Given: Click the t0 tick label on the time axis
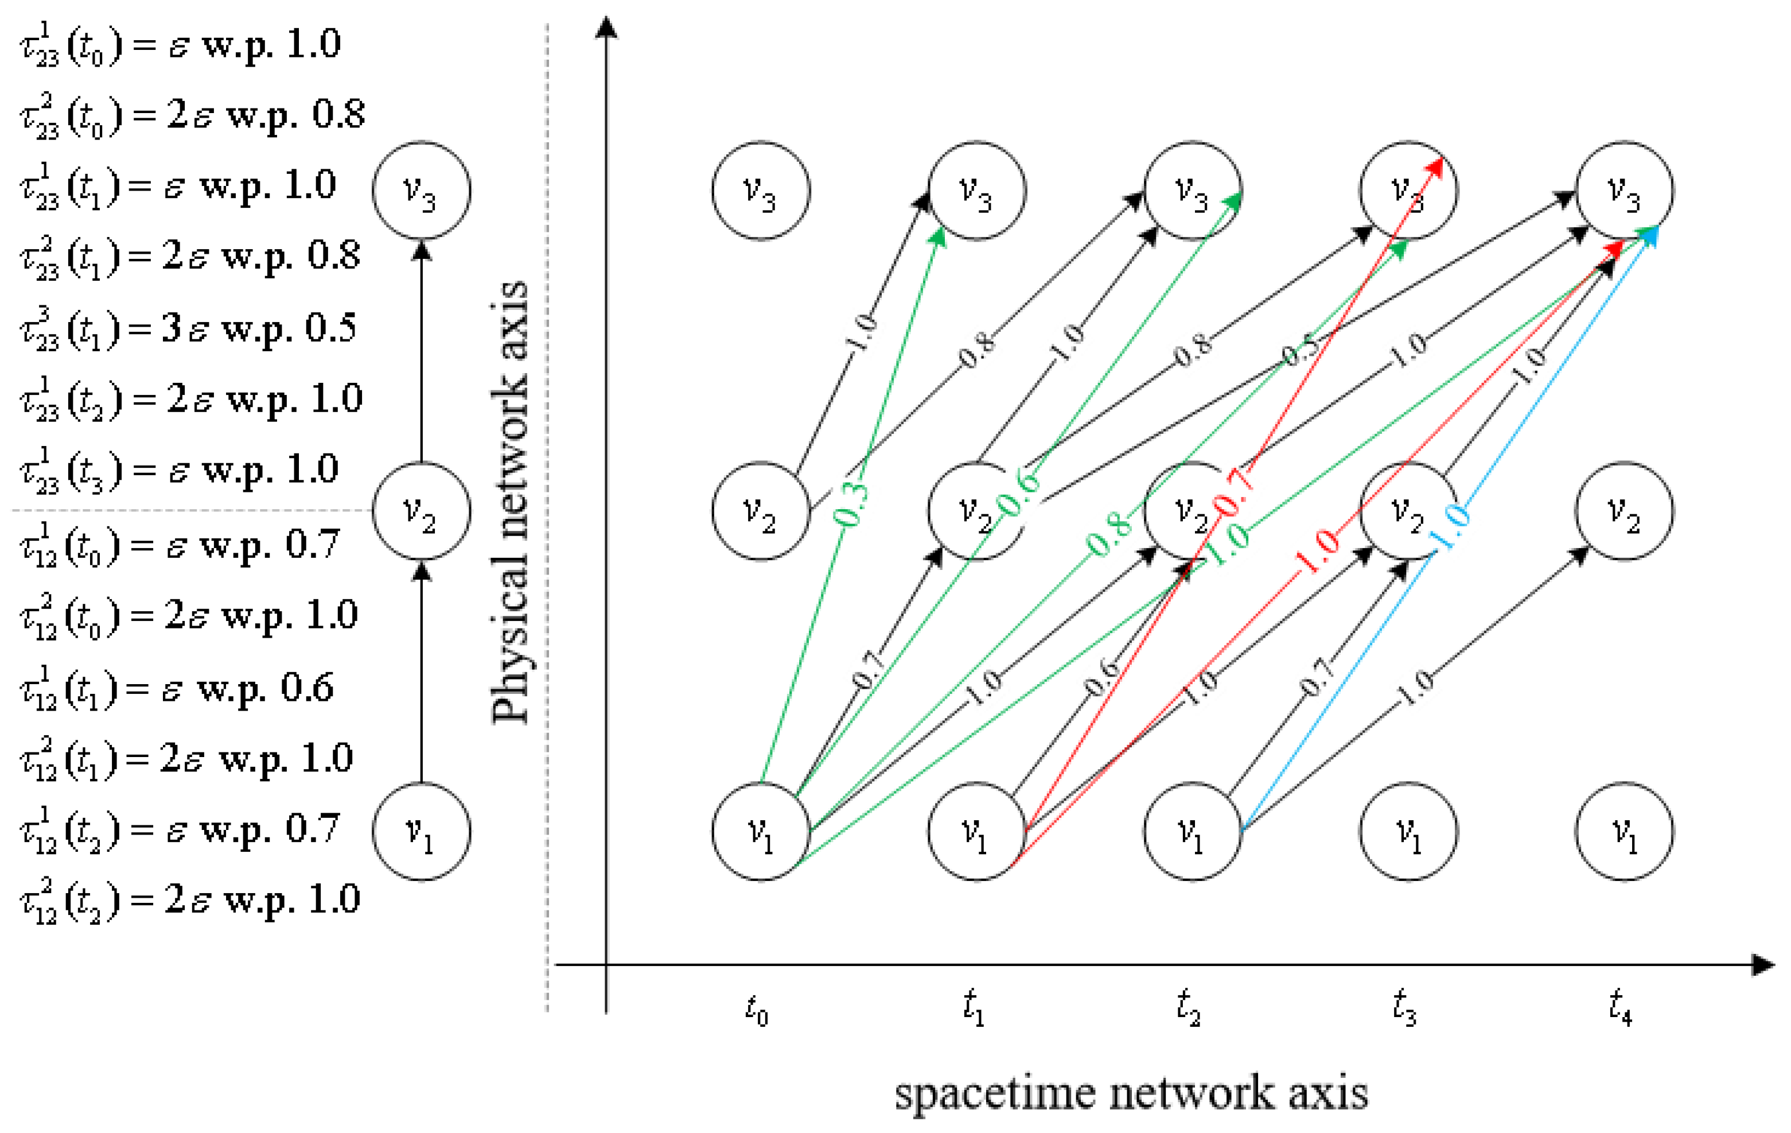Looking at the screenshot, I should coord(757,1010).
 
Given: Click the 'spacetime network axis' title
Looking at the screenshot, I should coord(1131,1093).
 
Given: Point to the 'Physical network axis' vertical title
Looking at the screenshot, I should coord(510,502).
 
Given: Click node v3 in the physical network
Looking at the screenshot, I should coord(421,191).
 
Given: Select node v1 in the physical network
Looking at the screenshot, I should coord(421,831).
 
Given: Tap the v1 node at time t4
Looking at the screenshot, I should coord(1625,831).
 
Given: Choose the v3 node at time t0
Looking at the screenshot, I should coord(760,191).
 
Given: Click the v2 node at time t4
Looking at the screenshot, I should coord(1625,511).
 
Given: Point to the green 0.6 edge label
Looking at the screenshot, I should coord(1019,493).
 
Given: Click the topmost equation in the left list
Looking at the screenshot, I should coord(181,45).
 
